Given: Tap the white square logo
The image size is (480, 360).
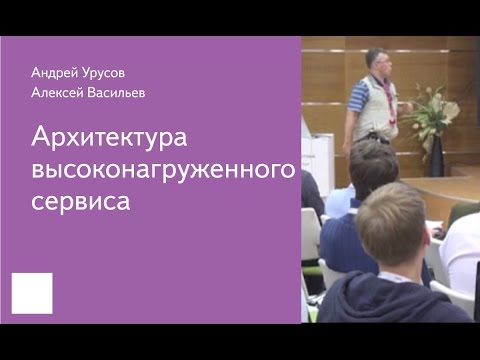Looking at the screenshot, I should click(x=31, y=292).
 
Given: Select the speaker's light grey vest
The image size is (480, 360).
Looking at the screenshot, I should click(x=374, y=106).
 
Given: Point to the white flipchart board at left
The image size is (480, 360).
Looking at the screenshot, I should click(x=318, y=160).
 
